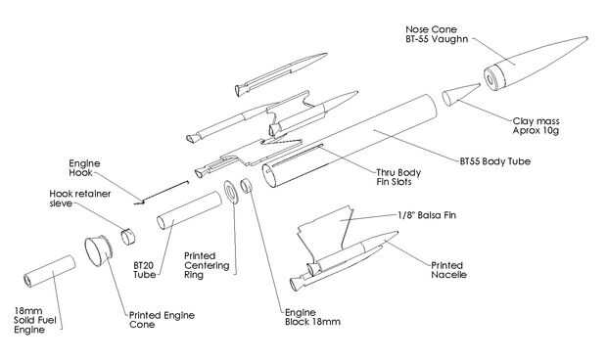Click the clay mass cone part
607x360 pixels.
click(x=460, y=94)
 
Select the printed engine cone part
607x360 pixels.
click(x=98, y=251)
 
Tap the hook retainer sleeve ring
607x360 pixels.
click(x=128, y=237)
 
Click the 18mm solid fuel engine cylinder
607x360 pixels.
click(x=49, y=271)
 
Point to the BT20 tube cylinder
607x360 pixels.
click(x=189, y=210)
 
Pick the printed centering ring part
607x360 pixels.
click(x=231, y=192)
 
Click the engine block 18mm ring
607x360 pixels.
click(x=246, y=186)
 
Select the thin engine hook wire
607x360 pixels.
click(x=162, y=192)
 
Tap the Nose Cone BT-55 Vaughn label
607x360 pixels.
click(x=437, y=34)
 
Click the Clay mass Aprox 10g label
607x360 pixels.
click(x=536, y=125)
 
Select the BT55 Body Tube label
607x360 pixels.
click(x=495, y=161)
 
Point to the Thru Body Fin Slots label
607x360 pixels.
click(x=398, y=177)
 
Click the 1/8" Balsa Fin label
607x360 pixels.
click(x=427, y=215)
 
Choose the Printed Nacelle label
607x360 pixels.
click(x=448, y=270)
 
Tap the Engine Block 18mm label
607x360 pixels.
click(x=312, y=317)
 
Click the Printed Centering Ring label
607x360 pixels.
click(x=207, y=265)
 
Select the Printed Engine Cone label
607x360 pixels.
click(x=162, y=320)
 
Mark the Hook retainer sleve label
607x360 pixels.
click(x=79, y=199)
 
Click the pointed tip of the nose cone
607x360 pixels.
click(x=587, y=37)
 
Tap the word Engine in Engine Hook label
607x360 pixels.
click(x=84, y=163)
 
